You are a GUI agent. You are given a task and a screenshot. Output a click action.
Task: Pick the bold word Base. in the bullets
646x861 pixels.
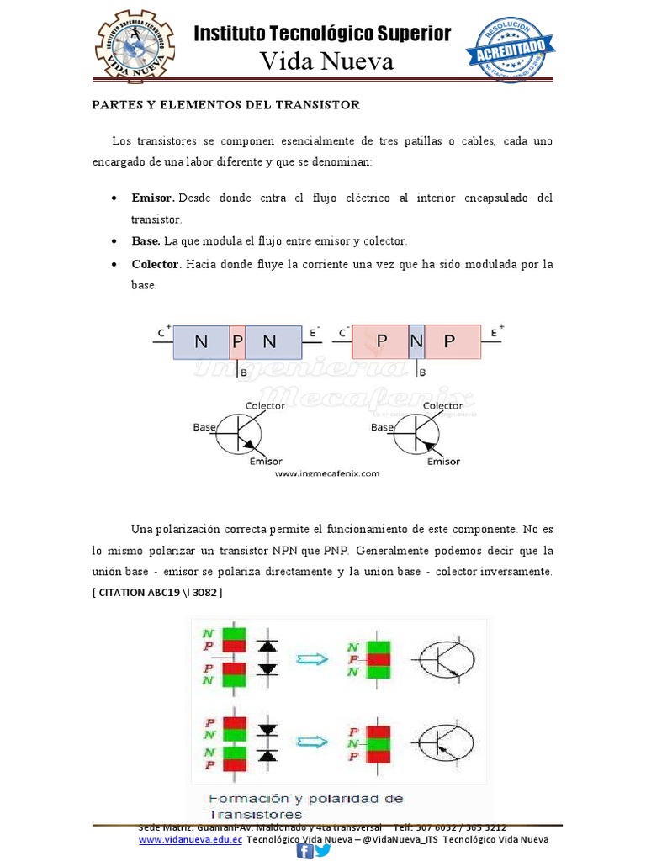(x=146, y=241)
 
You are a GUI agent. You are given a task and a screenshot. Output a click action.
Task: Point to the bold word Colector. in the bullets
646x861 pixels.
(x=156, y=264)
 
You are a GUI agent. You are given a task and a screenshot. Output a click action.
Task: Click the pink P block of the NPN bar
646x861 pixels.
(x=237, y=342)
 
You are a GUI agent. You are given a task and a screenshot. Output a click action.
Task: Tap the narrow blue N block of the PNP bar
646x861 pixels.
(x=416, y=342)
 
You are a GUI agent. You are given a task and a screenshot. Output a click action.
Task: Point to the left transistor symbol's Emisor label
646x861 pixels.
(x=266, y=462)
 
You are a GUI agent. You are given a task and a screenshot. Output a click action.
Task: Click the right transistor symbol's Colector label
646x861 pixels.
(x=442, y=405)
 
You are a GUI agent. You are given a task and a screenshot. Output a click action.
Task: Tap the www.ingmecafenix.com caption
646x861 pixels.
(x=326, y=473)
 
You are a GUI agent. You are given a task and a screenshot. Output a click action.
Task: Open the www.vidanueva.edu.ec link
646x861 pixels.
(x=190, y=840)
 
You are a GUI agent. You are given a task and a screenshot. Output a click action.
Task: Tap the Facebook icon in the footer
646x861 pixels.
(x=304, y=852)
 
